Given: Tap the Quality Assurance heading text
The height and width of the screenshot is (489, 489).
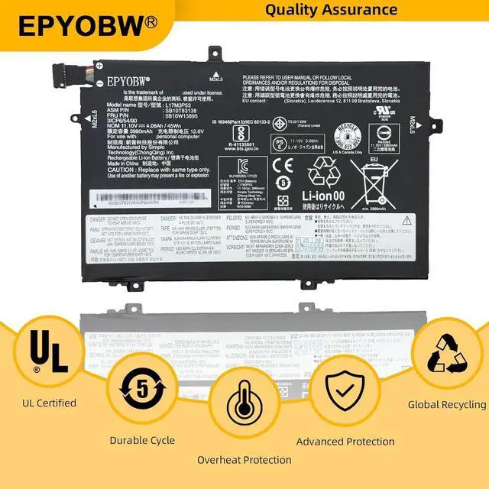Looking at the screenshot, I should (332, 11).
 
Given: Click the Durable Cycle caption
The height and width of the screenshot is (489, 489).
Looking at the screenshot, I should (143, 440).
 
